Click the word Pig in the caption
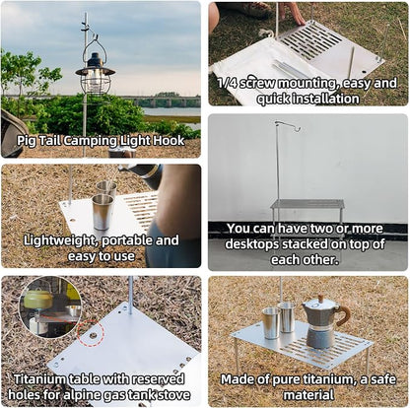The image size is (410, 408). click(x=27, y=141)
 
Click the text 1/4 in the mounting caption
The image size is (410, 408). click(x=227, y=83)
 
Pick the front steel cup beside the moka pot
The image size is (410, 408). click(x=271, y=323)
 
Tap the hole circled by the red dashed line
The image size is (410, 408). click(x=94, y=336)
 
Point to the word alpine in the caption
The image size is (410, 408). click(x=83, y=394)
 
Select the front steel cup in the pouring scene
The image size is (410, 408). click(x=102, y=212)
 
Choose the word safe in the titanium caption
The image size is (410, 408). click(x=383, y=379)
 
